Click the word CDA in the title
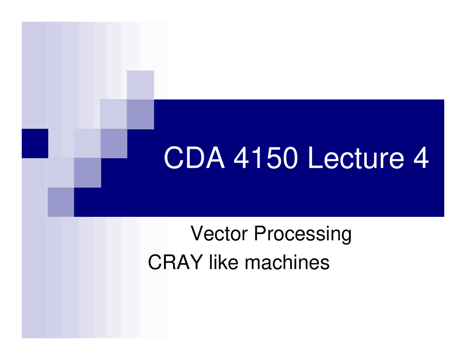194,158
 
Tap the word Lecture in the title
356,158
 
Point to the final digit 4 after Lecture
421,158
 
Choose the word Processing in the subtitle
303,234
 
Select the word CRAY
175,262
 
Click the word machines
287,262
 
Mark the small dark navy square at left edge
35,143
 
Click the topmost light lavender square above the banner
140,85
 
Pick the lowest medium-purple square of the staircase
61,202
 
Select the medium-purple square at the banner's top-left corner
140,114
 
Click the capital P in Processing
261,233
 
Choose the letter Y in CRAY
196,262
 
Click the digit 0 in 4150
290,158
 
